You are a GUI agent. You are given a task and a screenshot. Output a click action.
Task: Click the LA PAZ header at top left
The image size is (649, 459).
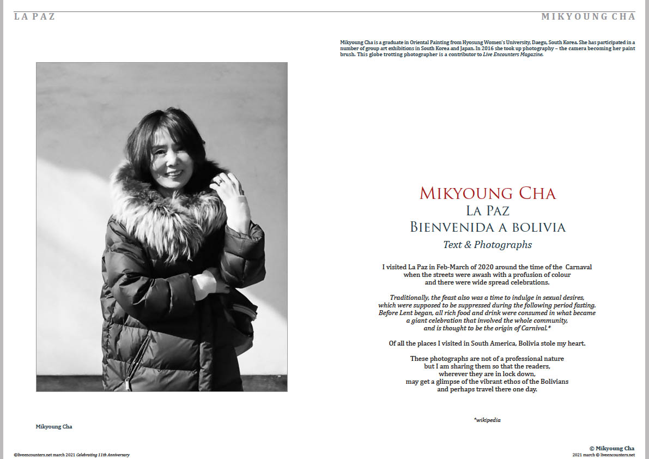pos(35,16)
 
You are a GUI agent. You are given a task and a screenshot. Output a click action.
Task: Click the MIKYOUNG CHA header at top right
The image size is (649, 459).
pos(588,16)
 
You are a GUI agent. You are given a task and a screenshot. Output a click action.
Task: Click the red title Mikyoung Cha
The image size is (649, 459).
pos(488,193)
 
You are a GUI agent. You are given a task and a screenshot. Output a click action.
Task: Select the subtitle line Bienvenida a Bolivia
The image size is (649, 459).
pos(488,227)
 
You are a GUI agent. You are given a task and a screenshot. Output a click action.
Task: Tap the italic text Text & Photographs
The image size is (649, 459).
pos(488,245)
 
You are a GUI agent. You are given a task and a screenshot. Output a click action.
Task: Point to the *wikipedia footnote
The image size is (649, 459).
pos(487,420)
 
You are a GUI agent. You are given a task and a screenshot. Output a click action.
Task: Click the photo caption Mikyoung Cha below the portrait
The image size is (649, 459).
pos(54,427)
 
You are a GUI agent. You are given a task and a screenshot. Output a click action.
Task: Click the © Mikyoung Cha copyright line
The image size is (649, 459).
pos(612,448)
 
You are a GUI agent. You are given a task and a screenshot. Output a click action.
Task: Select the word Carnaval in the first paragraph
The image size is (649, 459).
pos(578,267)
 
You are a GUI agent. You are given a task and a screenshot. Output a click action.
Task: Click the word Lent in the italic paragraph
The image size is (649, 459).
pos(418,313)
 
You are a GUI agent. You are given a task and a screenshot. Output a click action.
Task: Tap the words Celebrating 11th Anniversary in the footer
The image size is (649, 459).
pos(103,455)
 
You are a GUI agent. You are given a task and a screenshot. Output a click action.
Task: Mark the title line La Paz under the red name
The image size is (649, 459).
pos(488,210)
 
